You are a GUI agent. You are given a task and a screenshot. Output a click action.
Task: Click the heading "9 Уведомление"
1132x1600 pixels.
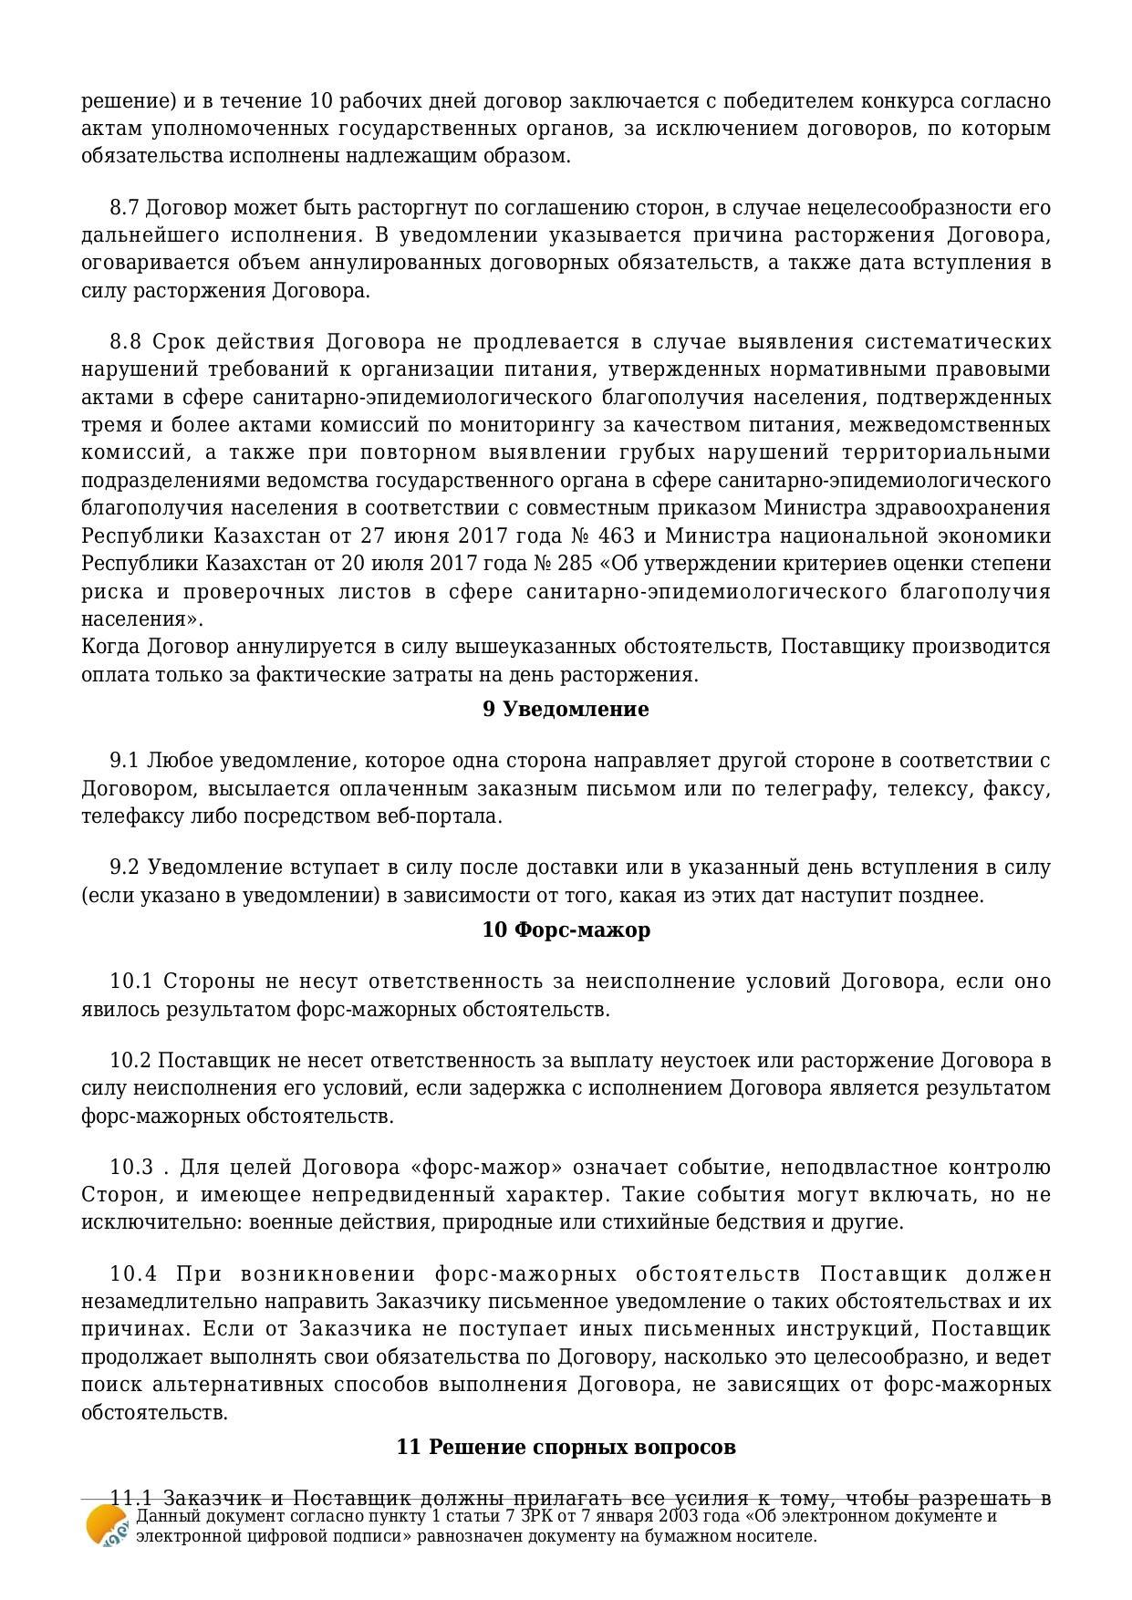[566, 710]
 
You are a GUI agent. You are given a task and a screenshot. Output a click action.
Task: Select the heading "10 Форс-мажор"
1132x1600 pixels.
[566, 930]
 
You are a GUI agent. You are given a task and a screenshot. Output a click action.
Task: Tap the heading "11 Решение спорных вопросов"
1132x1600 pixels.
[566, 1448]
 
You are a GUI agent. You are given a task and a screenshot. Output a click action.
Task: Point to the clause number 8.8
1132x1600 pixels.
[126, 342]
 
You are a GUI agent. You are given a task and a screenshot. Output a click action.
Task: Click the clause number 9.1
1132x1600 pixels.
[125, 761]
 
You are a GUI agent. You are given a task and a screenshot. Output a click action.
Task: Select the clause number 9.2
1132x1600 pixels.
[125, 868]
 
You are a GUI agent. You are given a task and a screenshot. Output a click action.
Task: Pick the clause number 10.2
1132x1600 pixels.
[130, 1061]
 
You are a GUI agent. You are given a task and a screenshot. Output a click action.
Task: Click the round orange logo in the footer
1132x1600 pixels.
[107, 1526]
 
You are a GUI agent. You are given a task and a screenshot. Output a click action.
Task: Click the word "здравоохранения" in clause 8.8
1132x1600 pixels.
[969, 508]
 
